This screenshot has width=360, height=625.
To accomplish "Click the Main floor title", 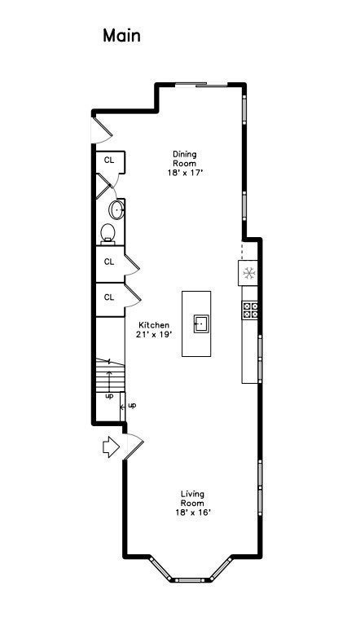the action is coord(121,36).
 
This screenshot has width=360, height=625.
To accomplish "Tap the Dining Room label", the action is coord(184,159).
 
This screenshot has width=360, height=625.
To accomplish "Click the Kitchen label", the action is coord(154,325).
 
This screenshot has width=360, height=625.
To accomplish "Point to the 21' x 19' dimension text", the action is coord(154,335).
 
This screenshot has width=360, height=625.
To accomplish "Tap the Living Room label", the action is coord(192,498).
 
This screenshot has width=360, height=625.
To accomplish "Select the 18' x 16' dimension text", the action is coord(193,513).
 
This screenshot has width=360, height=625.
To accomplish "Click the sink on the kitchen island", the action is coord(201,324).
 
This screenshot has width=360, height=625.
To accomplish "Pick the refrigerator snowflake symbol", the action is coord(249,273).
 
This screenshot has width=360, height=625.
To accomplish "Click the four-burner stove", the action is coord(250,310).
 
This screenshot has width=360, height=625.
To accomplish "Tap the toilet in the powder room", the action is coord(108,234).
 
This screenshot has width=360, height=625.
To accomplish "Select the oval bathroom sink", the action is coord(116,209).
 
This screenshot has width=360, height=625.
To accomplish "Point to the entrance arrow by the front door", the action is coord(111,447).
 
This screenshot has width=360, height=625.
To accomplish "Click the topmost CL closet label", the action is coord(108,161).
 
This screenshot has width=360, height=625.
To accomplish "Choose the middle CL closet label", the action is coord(108,262).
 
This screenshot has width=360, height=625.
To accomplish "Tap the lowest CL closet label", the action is coord(108,297).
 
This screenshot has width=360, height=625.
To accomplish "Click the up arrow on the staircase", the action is coord(109,381).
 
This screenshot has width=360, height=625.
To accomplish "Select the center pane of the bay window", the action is coord(191,580).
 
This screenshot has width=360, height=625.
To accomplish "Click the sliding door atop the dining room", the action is coord(201,85).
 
